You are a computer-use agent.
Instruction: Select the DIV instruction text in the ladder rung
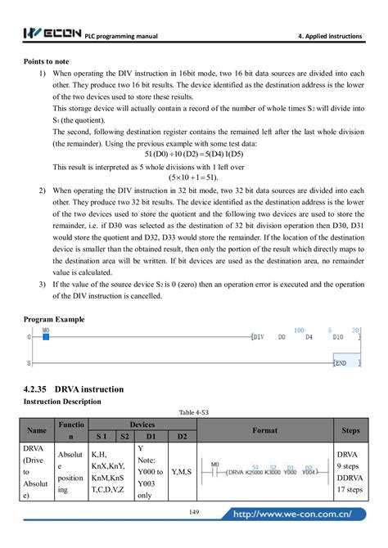coord(257,336)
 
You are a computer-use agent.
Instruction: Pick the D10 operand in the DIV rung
coord(337,336)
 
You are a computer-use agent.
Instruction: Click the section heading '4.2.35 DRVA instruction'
coord(74,389)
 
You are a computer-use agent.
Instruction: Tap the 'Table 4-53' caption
coord(193,412)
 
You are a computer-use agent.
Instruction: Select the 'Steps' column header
coord(349,429)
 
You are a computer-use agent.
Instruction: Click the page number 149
coord(194,512)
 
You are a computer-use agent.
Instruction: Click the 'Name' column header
coord(37,429)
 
